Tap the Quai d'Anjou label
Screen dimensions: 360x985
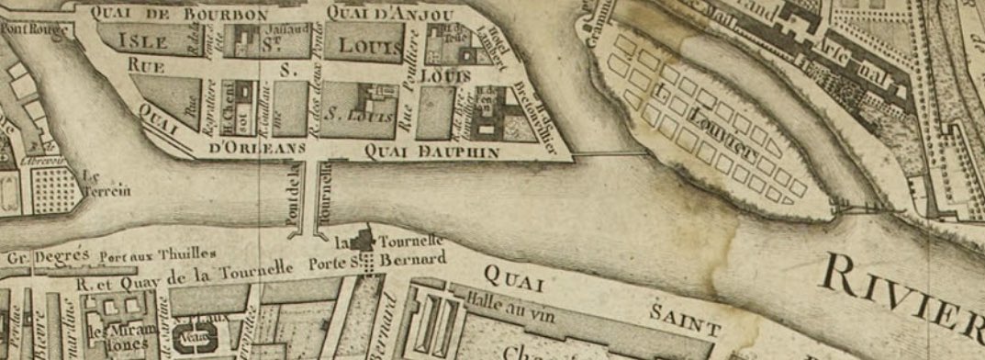[x=389, y=12]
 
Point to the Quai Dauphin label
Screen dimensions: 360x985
[x=431, y=151]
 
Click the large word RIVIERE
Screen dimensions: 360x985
[x=904, y=283]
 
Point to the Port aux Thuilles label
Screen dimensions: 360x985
[x=157, y=253]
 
